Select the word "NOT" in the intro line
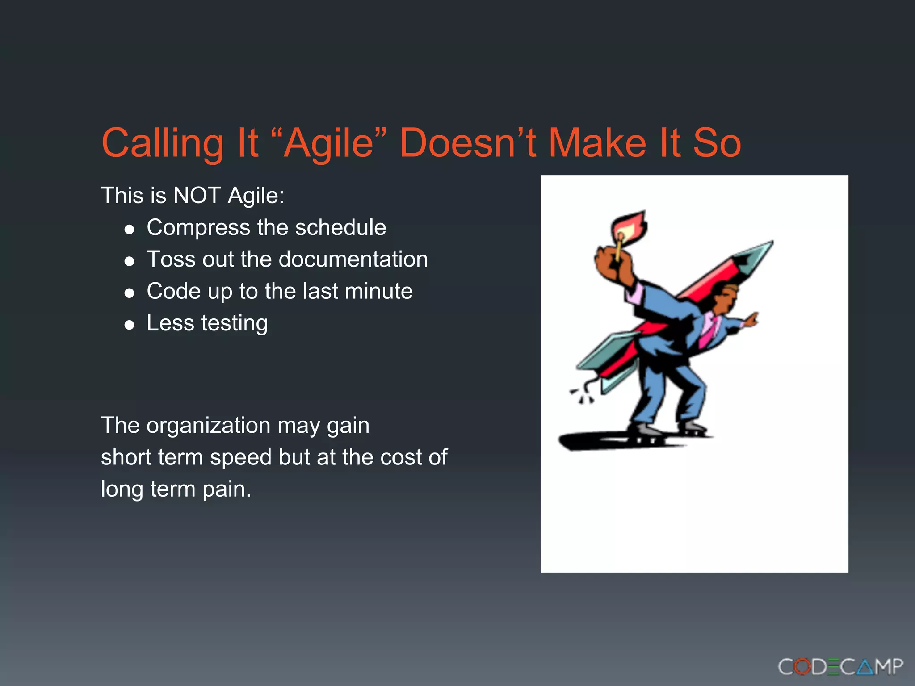197,196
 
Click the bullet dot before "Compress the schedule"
130,230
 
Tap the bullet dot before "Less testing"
130,325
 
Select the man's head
724,297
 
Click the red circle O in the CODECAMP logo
803,667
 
